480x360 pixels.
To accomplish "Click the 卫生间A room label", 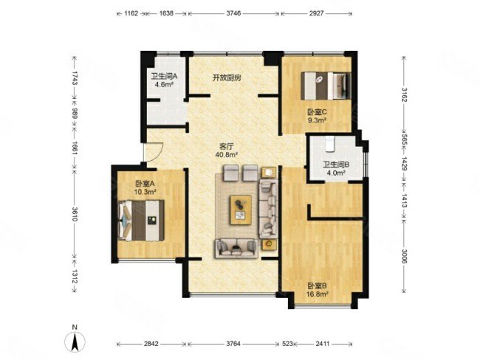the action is pos(164,76).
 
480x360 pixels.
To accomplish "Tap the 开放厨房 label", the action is pos(227,78).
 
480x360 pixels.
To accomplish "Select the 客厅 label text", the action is pos(227,147).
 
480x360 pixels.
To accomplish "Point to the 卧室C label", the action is pos(317,112).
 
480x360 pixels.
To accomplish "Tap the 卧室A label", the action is pos(145,184).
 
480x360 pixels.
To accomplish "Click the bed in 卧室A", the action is pos(141,221).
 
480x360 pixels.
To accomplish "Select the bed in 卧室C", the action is pos(326,86).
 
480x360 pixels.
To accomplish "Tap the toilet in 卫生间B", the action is pos(329,144).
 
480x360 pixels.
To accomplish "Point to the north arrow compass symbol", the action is pos(75,341).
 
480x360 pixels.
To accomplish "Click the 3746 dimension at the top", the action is pos(233,13).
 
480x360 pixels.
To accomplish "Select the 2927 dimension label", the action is pos(316,13).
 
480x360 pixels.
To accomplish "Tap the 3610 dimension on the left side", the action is pos(75,214).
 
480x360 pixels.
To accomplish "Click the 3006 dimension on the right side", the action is pos(405,256).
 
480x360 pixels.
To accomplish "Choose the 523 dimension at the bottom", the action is pos(287,344).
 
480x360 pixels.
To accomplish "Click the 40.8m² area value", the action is pos(227,155).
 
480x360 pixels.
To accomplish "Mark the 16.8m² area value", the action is pos(318,294).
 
